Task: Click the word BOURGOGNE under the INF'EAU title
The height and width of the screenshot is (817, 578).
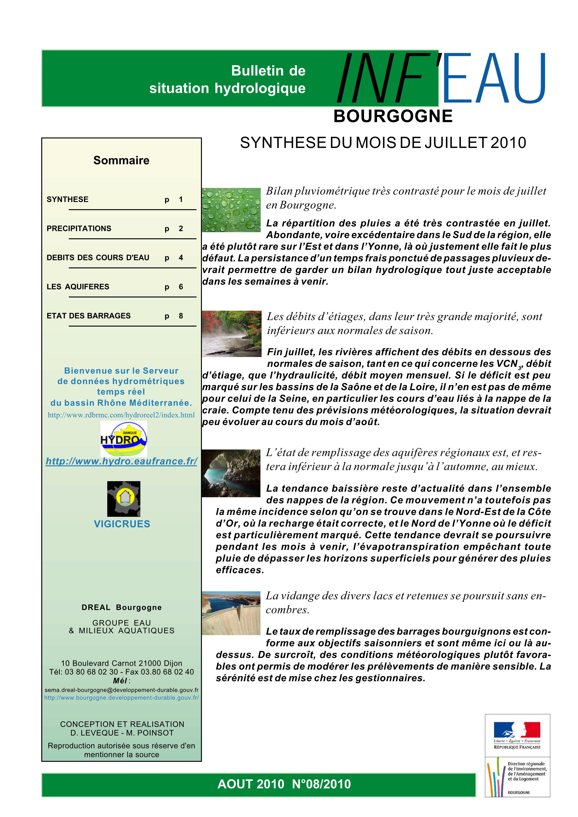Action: [x=393, y=116]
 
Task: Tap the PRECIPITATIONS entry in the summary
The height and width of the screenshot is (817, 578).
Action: [x=79, y=228]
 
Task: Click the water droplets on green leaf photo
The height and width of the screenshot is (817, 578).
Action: [x=231, y=210]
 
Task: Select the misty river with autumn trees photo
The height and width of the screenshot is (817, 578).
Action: [x=232, y=334]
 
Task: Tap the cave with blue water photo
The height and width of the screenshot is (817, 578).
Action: [x=231, y=473]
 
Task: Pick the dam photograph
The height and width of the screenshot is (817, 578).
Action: [x=231, y=613]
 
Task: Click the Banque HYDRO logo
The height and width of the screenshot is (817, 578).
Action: [x=124, y=439]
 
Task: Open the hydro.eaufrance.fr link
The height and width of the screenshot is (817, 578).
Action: [x=121, y=462]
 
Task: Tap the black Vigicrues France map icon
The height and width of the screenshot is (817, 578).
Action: [x=124, y=499]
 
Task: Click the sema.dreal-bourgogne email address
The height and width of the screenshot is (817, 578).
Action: [x=121, y=690]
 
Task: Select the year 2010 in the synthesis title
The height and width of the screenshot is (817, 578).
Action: [x=508, y=143]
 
